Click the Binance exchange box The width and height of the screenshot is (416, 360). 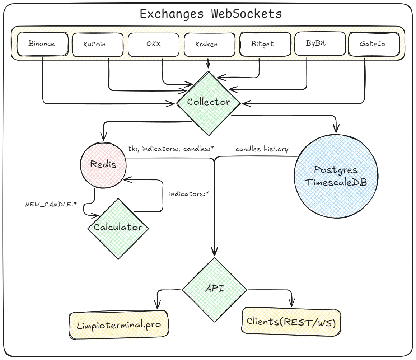coord(42,44)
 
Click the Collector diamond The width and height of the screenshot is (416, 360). coord(208,102)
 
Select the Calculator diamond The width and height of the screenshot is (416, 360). coord(118,228)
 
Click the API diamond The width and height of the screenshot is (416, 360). coord(214,289)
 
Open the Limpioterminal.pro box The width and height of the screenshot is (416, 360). coord(118,324)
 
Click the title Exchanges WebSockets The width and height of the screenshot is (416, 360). coord(210,14)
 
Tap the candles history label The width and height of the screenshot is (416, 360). coord(262,149)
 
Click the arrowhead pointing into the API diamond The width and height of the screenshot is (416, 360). coord(215,252)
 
